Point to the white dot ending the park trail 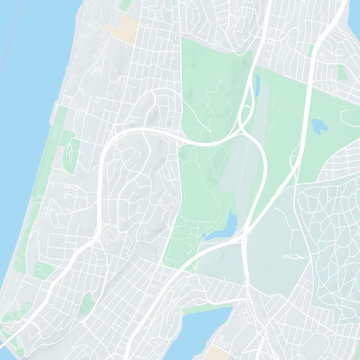[210, 130]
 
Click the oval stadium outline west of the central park [171, 198]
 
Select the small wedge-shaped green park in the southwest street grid [87, 305]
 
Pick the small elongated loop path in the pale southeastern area [292, 256]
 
